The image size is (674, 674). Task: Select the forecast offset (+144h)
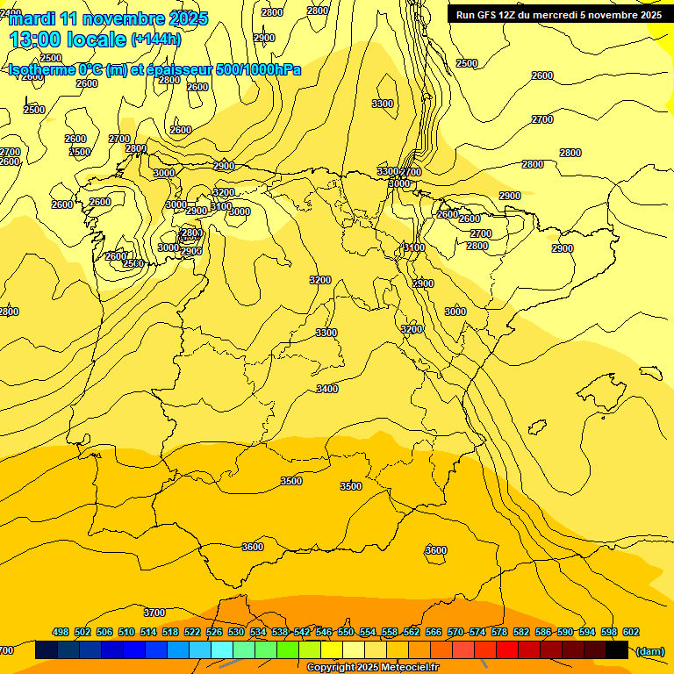156,39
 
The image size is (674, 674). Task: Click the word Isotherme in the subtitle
41,70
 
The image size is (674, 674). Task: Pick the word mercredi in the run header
577,15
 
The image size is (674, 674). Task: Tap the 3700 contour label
154,613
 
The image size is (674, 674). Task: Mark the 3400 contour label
327,389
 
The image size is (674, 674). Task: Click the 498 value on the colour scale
61,632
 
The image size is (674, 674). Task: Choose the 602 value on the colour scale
631,632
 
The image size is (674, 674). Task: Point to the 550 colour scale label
346,632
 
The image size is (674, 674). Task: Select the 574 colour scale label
477,632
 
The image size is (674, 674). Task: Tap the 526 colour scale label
214,632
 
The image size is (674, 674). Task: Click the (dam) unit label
650,651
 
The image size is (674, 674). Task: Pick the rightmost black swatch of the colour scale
617,650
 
